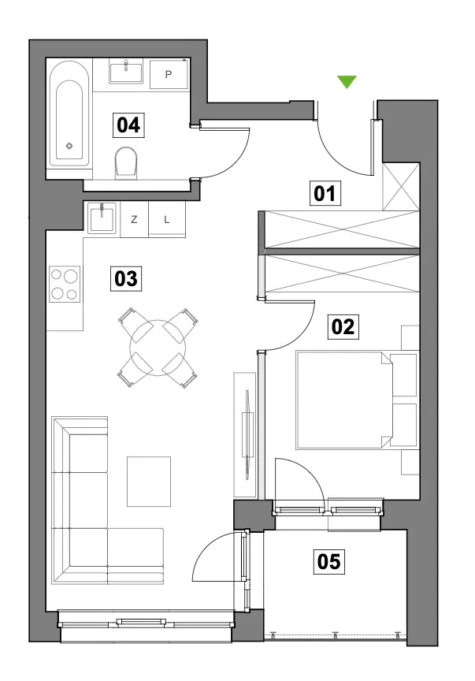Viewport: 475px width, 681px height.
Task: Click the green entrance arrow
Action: (347, 81)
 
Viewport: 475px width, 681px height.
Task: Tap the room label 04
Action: (128, 125)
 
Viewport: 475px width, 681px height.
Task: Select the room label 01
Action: (325, 193)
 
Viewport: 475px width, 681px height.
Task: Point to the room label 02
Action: (343, 326)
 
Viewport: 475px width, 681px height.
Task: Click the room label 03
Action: (125, 278)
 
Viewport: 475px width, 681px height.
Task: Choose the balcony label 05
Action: (328, 561)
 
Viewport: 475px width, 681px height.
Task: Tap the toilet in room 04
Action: (126, 162)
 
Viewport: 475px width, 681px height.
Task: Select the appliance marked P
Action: (169, 74)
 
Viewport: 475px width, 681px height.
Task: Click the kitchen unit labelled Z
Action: (134, 220)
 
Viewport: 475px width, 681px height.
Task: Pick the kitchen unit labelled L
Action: (167, 220)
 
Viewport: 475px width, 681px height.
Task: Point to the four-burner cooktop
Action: (65, 284)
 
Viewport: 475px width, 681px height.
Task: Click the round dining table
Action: (158, 348)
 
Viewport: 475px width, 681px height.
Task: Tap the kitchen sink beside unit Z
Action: (102, 218)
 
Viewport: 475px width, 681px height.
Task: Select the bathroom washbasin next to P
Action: (126, 73)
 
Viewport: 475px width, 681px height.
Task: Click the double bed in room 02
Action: (357, 400)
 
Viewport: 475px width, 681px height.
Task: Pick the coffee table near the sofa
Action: (149, 482)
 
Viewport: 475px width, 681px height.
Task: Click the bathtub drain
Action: (69, 146)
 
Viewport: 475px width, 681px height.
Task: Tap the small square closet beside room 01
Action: (401, 187)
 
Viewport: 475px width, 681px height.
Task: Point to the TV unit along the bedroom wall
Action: (245, 434)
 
